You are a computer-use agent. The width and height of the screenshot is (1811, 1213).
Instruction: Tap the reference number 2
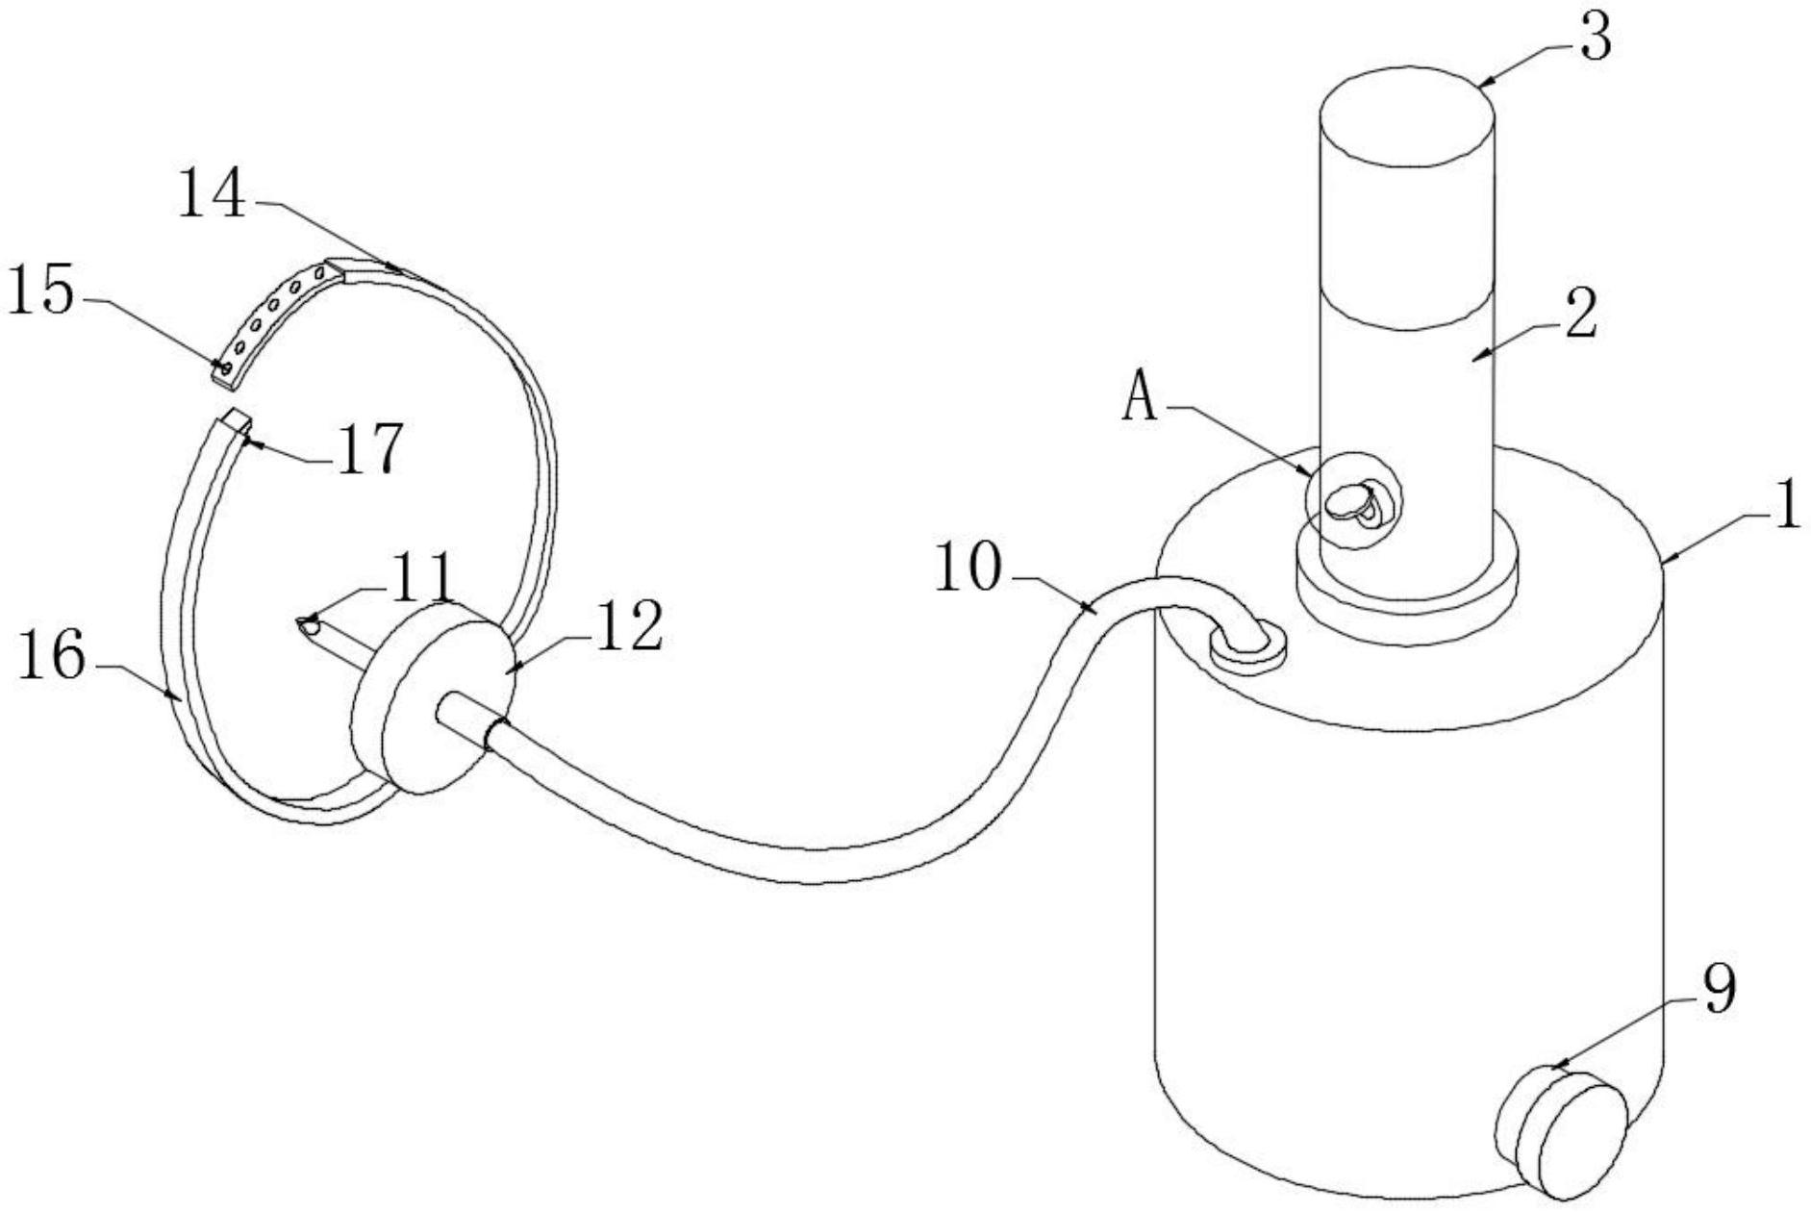(x=1581, y=316)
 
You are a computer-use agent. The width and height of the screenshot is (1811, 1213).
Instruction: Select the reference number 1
(x=1787, y=505)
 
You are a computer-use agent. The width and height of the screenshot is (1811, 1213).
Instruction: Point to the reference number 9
(x=1719, y=990)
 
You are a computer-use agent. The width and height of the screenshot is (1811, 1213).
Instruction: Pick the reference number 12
(x=629, y=627)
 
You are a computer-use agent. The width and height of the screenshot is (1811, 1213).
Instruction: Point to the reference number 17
(x=368, y=449)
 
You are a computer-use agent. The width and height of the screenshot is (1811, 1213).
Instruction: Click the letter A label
(x=1141, y=398)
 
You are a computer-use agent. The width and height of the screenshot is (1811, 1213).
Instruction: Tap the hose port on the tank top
(x=1247, y=646)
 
